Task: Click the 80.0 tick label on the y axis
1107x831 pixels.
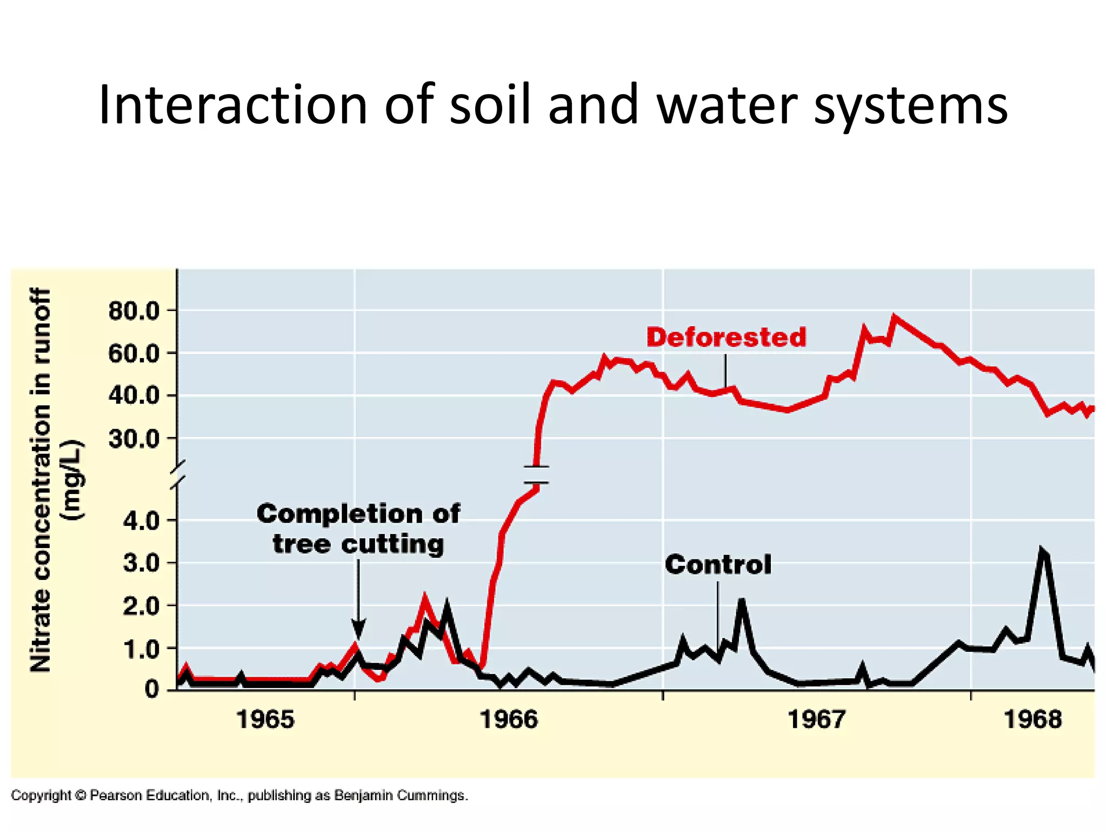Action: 134,311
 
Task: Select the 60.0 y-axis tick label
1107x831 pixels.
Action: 134,354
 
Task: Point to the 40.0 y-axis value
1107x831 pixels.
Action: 134,395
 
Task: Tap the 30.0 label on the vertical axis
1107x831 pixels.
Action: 134,438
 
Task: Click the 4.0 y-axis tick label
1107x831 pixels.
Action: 142,521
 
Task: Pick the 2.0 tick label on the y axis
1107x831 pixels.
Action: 142,606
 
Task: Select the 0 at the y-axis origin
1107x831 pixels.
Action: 151,690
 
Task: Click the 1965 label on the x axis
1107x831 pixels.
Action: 265,720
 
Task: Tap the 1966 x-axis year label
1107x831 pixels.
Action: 509,720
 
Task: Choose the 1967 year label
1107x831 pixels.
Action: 816,720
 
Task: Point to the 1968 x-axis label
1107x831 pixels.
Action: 1032,720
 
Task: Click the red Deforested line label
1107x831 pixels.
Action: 726,337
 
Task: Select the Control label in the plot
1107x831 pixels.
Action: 718,564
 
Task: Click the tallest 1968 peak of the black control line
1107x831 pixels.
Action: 1043,552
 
